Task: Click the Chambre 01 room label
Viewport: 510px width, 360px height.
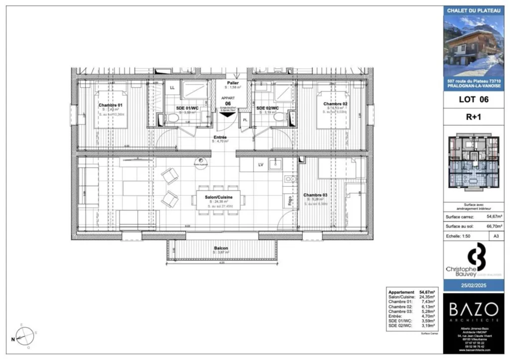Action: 110,105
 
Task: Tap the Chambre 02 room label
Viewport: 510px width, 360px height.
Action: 337,104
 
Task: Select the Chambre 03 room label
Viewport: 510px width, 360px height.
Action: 315,195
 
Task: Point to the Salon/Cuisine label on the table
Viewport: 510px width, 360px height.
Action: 218,197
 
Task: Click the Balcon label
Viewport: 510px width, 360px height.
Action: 221,247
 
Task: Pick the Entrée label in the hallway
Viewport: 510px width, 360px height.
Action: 220,137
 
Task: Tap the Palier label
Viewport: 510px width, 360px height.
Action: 233,83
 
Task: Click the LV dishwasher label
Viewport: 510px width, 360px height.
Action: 260,164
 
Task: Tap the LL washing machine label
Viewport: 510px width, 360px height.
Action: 172,88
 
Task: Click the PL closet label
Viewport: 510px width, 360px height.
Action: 246,120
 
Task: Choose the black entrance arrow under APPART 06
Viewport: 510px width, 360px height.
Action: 227,114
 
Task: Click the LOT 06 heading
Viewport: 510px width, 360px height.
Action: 473,99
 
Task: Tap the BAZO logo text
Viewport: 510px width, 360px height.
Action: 473,309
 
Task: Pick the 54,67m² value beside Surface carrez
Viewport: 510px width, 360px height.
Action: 493,217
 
